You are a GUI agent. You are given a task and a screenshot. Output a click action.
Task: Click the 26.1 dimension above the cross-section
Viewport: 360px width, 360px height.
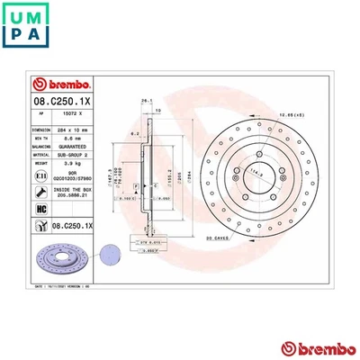(x=144, y=101)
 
